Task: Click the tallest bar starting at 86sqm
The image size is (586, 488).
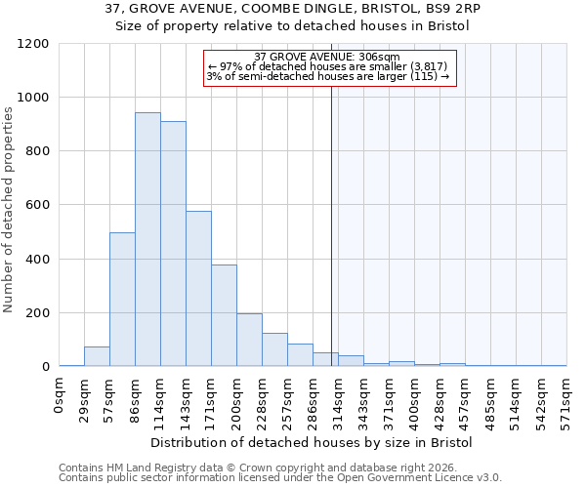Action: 147,239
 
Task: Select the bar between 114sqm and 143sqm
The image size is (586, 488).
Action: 173,244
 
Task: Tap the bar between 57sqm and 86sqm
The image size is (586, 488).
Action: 122,300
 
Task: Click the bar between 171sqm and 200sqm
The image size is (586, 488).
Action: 224,315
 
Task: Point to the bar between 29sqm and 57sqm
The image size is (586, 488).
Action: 97,356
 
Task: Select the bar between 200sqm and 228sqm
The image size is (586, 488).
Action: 249,340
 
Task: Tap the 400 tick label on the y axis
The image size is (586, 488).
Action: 36,260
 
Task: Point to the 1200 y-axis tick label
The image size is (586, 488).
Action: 32,44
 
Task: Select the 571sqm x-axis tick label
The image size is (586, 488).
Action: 567,398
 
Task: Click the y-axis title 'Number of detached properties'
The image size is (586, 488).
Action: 9,211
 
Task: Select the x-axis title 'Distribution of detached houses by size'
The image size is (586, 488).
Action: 312,442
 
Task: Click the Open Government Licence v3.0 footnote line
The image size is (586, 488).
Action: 280,477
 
